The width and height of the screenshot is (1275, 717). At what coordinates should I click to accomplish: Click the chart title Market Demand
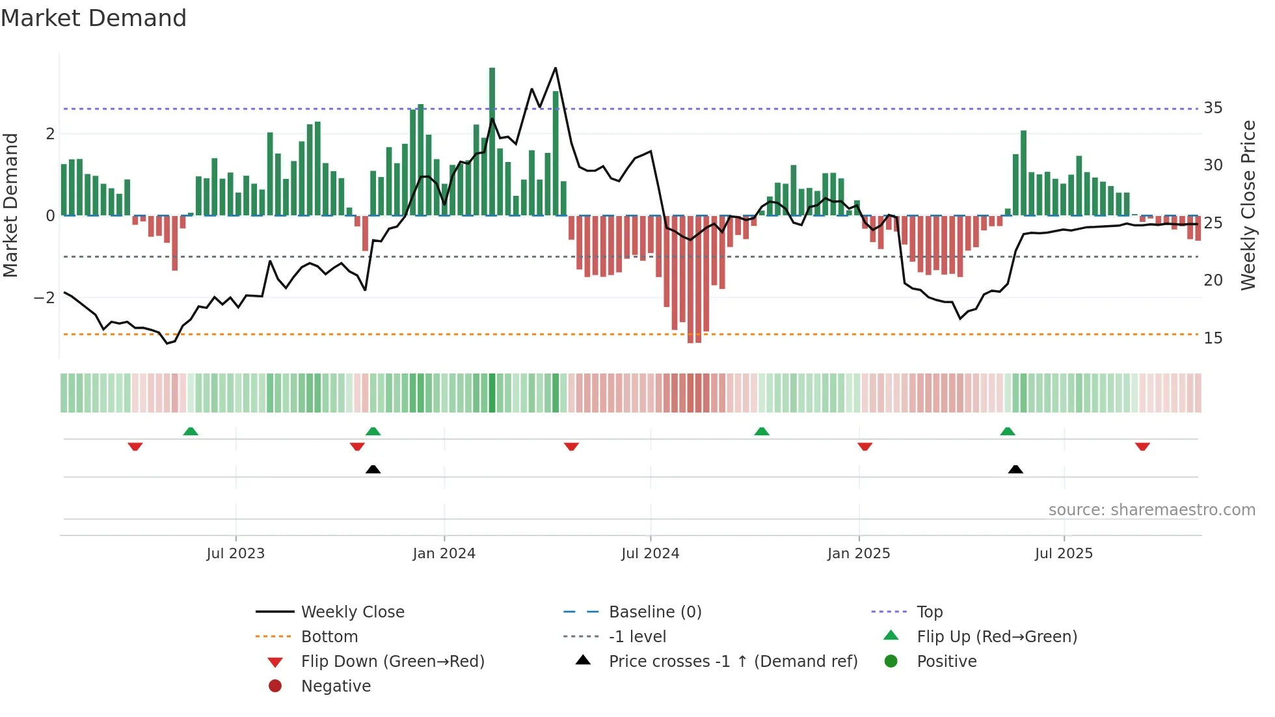point(94,18)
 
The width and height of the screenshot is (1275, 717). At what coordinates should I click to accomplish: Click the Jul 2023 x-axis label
point(235,554)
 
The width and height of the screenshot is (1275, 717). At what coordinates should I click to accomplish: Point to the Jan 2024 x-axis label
point(444,554)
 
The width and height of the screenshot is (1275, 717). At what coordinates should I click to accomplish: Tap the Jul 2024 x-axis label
point(650,554)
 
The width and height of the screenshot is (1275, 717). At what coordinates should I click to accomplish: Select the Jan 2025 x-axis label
point(859,554)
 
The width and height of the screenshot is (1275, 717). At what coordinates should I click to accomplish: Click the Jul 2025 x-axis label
point(1064,554)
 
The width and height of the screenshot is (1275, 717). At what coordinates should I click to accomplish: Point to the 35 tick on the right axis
point(1213,108)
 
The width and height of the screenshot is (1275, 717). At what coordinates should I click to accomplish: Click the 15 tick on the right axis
point(1213,338)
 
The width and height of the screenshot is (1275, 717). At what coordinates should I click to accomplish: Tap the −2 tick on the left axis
point(44,298)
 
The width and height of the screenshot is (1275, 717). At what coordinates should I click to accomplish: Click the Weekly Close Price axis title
point(1248,205)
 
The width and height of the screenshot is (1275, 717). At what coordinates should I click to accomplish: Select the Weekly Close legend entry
point(352,612)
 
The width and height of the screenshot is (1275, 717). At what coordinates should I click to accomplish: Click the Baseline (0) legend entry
point(654,612)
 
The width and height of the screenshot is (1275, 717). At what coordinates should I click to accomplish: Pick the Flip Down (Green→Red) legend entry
point(392,662)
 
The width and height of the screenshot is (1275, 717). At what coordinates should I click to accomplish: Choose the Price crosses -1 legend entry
point(732,662)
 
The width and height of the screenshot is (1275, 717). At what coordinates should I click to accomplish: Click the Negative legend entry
point(336,686)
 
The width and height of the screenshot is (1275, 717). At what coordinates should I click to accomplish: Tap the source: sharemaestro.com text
point(1151,510)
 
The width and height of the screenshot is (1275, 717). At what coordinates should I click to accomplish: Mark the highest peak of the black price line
point(556,68)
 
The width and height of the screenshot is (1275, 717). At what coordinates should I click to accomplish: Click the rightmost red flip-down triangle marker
point(1142,446)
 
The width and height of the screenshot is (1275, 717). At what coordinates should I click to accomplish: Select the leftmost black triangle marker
point(373,469)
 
